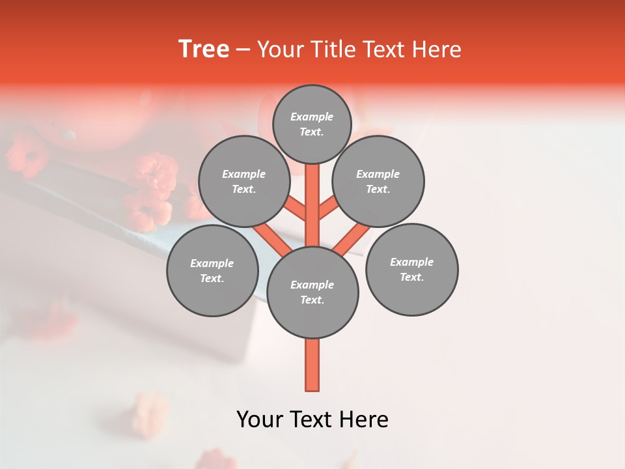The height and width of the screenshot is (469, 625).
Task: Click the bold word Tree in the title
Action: (x=204, y=50)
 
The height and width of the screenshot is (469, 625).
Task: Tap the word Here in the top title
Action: (x=437, y=50)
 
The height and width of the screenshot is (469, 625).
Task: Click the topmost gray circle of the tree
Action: (x=312, y=124)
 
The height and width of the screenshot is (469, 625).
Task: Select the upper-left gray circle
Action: (x=244, y=182)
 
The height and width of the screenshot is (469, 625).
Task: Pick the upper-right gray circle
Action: (x=378, y=182)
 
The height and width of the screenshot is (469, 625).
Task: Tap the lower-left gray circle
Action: (x=212, y=270)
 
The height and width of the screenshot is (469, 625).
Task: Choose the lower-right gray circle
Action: (x=411, y=269)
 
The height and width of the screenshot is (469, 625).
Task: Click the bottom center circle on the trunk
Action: (x=312, y=292)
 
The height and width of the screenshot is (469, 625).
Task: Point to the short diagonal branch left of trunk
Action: (x=294, y=208)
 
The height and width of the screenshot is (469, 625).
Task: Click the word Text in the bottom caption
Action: (x=311, y=419)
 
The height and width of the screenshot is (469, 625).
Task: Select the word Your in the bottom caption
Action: (x=259, y=419)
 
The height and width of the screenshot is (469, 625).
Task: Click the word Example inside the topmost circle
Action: (x=312, y=117)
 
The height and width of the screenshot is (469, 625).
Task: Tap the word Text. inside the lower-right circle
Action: (x=411, y=277)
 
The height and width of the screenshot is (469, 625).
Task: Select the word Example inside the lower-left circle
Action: (x=212, y=263)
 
